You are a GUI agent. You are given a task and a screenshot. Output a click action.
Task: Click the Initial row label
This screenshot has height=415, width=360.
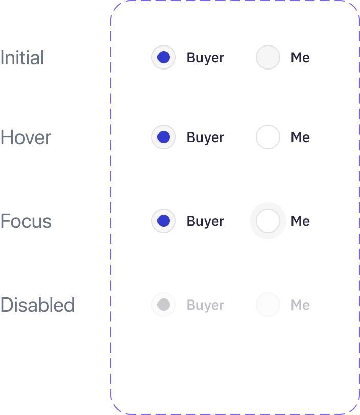[x=23, y=58]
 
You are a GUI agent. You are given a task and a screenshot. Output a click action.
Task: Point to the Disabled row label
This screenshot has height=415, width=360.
[x=39, y=305]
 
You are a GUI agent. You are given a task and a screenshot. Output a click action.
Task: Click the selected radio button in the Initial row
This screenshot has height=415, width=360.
[x=164, y=57]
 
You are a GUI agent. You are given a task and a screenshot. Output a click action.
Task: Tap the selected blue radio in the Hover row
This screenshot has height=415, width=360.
[x=164, y=137]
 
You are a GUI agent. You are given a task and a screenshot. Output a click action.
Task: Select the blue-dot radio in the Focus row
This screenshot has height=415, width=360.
[x=164, y=221]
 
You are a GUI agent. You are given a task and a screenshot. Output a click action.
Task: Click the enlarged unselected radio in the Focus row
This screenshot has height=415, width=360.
[x=268, y=221]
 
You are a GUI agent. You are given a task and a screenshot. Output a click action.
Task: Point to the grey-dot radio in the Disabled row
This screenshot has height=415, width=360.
[x=164, y=305]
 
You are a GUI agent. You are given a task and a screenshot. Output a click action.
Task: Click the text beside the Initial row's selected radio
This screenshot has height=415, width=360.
[x=204, y=58]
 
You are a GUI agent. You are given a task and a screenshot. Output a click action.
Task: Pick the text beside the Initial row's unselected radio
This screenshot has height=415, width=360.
[x=300, y=58]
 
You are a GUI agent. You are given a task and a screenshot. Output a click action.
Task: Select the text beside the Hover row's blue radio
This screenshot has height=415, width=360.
[x=204, y=137]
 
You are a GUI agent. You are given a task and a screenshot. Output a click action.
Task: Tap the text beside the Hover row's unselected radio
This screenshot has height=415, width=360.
[x=300, y=137]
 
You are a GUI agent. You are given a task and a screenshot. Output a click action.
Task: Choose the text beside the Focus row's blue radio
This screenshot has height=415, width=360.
[x=204, y=222]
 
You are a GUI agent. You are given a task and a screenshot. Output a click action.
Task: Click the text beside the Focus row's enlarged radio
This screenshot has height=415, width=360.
[x=300, y=222]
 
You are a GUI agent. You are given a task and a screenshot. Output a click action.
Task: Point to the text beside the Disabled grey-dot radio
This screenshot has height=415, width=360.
[x=204, y=305]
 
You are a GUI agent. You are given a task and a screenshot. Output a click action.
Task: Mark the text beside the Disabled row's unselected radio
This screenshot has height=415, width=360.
[x=300, y=305]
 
